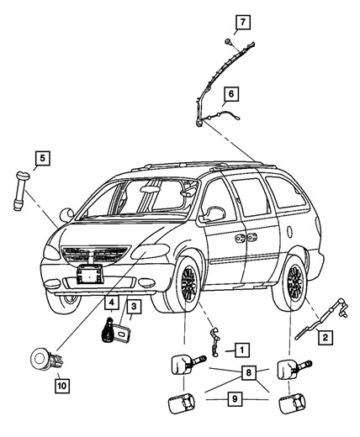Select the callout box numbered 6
click(x=230, y=94)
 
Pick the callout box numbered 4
click(x=111, y=302)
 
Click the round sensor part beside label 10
click(x=39, y=360)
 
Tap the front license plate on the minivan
click(x=90, y=274)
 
